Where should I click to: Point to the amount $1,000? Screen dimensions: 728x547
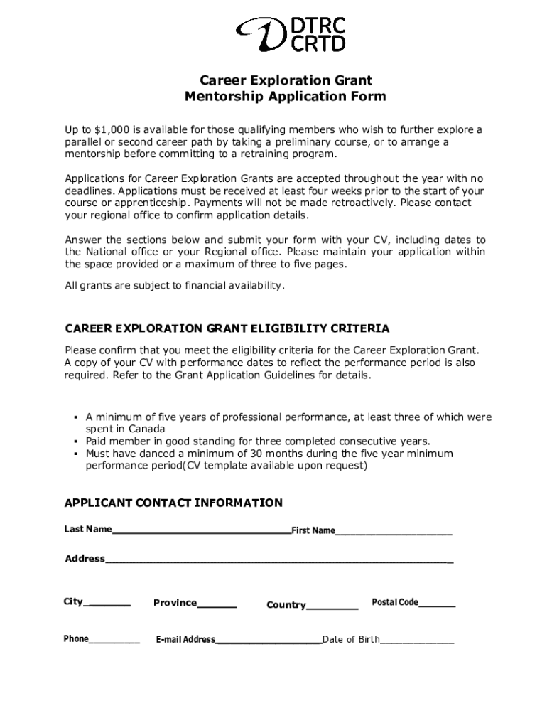107,129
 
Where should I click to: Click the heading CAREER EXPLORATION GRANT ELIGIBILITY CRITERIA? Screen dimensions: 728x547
227,328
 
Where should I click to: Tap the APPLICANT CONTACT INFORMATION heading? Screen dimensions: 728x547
173,503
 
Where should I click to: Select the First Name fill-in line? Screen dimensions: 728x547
394,532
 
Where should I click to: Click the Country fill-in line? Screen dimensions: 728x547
332,607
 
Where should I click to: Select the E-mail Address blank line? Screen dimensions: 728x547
269,641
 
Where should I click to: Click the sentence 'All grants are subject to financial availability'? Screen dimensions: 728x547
175,285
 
